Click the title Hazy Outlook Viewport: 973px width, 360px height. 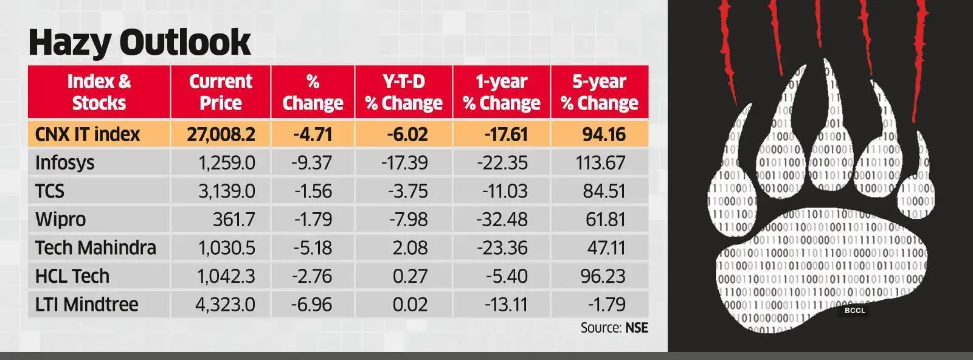(x=139, y=43)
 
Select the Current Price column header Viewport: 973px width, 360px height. (x=220, y=92)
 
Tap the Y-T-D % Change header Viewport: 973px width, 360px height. (x=404, y=92)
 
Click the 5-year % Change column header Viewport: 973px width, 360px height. (x=599, y=92)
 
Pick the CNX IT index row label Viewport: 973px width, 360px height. (x=88, y=134)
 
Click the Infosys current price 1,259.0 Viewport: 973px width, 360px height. (x=226, y=163)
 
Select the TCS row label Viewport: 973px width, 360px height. (x=50, y=192)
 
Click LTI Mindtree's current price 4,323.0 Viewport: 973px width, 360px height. (x=225, y=305)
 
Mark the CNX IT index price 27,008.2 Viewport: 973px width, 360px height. (x=221, y=134)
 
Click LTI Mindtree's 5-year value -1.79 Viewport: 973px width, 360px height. (x=606, y=305)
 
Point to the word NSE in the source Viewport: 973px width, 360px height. (x=637, y=328)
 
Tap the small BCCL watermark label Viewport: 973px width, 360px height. (x=854, y=311)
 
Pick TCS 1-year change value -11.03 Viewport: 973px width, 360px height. (x=505, y=192)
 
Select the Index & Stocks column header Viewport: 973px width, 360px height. (x=99, y=92)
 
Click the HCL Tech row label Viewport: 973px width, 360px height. (x=72, y=276)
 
